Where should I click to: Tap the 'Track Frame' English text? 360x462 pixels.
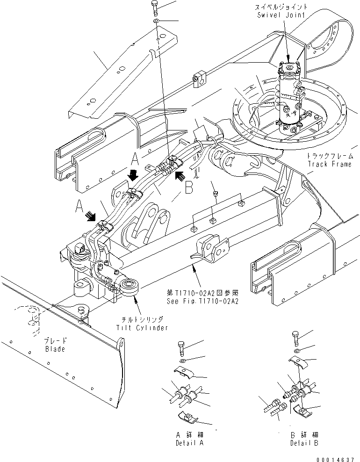point(331,165)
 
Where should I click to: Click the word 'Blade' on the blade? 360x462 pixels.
point(55,349)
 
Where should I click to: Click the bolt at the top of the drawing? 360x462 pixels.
point(155,7)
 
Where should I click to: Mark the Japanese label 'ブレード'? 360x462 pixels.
point(55,341)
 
